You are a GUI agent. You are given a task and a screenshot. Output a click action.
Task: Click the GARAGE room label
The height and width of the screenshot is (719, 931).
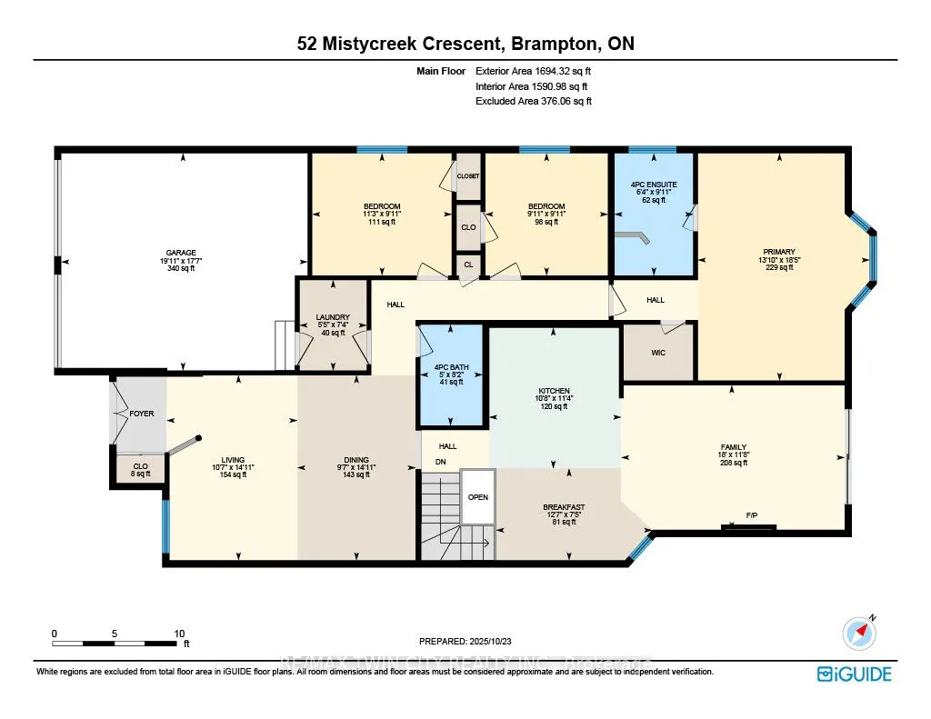[x=181, y=253]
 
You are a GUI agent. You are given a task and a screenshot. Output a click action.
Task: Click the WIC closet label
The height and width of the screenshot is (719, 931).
[x=658, y=352]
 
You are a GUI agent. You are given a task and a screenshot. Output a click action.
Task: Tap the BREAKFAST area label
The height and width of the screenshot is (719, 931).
[x=564, y=507]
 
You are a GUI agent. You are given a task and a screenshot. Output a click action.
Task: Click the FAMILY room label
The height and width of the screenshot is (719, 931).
[x=733, y=447]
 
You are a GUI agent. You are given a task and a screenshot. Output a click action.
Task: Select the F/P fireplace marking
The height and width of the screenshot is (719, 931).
[x=752, y=515]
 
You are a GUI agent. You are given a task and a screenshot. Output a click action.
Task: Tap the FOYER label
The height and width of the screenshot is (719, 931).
[x=142, y=414]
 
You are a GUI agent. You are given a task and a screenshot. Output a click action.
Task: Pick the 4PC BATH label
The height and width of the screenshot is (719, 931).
[x=452, y=366]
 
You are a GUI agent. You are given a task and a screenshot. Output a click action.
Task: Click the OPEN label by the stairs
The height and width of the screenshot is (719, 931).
[x=477, y=497]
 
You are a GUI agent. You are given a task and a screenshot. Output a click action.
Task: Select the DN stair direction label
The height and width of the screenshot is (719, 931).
[x=442, y=462]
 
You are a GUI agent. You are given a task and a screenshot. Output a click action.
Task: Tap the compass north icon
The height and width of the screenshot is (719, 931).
[x=858, y=631]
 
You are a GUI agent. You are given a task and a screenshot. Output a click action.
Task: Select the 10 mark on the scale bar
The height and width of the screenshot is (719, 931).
[x=179, y=634]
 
